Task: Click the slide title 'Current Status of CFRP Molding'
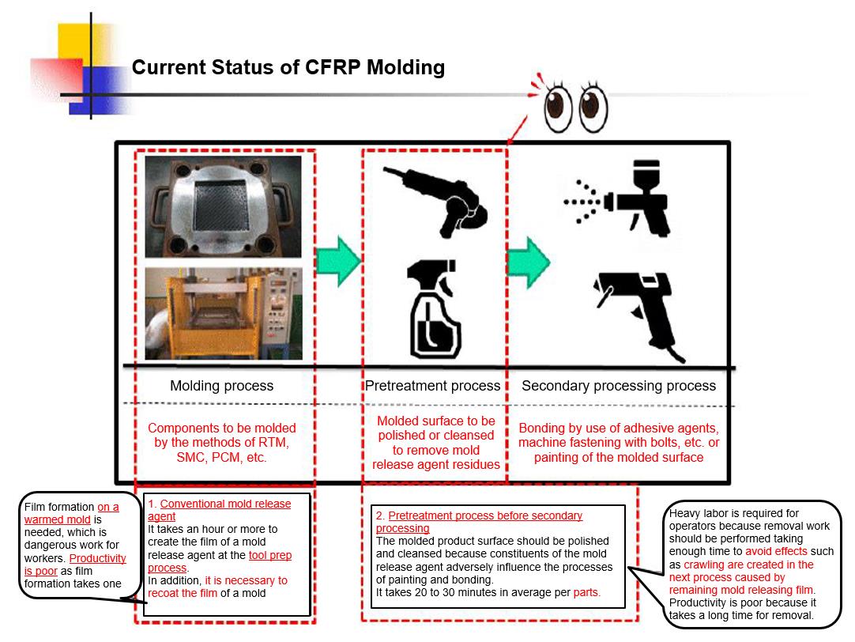tap(288, 67)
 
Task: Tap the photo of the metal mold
tap(223, 206)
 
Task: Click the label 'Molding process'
tap(221, 386)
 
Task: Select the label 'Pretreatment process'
tap(432, 386)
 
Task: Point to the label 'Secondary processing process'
tap(619, 386)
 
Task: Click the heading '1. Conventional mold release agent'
tap(218, 510)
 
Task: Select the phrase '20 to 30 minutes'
tap(446, 592)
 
